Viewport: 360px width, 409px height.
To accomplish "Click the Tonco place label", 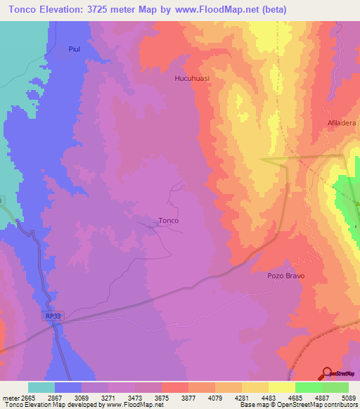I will [x=169, y=220].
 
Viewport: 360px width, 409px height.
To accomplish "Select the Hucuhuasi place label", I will [x=193, y=79].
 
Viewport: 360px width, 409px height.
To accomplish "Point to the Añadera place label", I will [x=342, y=123].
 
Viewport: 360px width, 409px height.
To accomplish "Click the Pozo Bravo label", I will [x=286, y=276].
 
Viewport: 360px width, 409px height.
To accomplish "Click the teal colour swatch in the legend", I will [x=41, y=387].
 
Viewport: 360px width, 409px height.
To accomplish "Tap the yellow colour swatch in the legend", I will [x=255, y=387].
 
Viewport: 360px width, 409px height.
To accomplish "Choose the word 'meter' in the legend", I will [x=10, y=397].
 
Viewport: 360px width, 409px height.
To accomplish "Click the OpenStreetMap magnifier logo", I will [x=326, y=372].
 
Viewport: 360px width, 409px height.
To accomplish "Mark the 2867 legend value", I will [x=55, y=397].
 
